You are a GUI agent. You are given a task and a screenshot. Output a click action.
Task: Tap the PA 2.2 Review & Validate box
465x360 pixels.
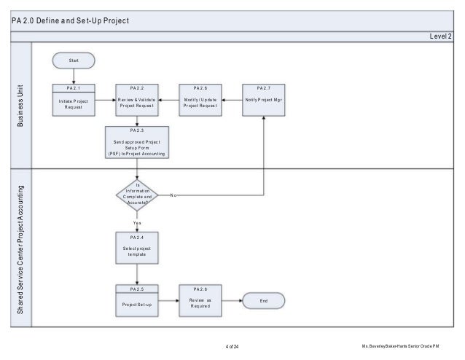[x=137, y=99]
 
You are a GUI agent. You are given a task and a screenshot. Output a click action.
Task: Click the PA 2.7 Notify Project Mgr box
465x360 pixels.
[x=264, y=99]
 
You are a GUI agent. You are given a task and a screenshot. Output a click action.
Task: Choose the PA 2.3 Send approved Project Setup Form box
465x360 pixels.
[x=137, y=143]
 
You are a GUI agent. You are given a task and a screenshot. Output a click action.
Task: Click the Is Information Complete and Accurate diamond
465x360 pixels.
[x=137, y=195]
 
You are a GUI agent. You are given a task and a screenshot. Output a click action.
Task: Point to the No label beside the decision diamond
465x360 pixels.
[x=173, y=195]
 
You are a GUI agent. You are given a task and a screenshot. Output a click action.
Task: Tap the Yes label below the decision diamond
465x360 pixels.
[x=137, y=222]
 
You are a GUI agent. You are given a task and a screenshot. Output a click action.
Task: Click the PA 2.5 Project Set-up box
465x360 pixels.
[x=137, y=300]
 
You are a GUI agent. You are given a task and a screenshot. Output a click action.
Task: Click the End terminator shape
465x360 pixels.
[x=263, y=300]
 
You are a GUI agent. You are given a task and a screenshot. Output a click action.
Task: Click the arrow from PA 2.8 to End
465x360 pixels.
[x=231, y=300]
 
